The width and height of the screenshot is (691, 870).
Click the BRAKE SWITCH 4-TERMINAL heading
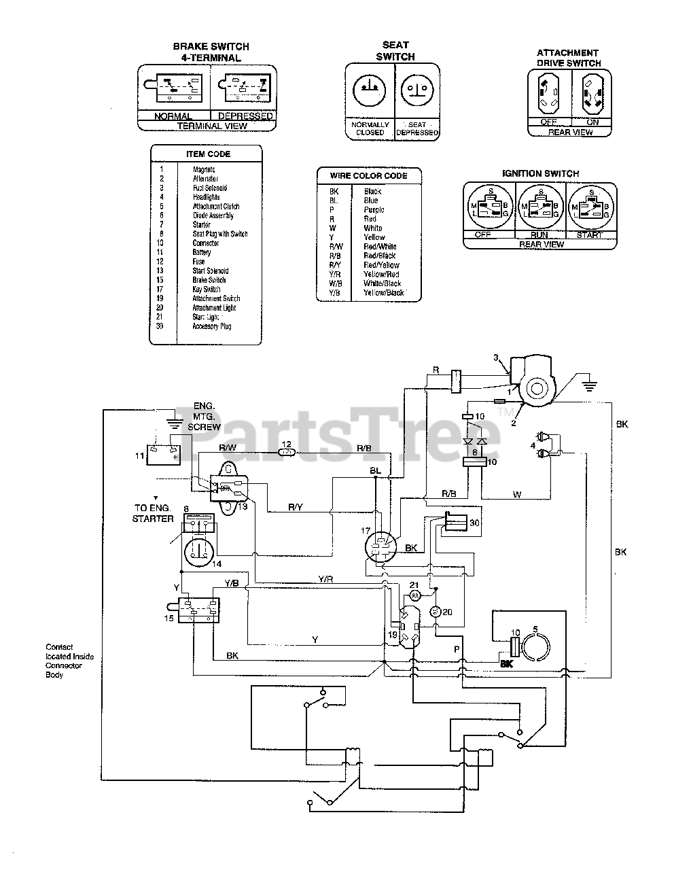tap(211, 52)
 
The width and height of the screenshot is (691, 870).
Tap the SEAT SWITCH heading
tap(395, 51)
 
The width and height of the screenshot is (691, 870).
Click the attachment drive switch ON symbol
tap(592, 94)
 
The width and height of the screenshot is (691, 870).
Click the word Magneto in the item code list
tap(204, 170)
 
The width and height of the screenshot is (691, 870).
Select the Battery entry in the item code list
tap(202, 253)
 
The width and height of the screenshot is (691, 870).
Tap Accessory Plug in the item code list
tap(212, 326)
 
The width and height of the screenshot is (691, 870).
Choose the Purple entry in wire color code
tap(374, 210)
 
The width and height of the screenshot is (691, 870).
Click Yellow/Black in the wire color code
tap(383, 293)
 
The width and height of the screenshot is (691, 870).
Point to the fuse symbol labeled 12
tap(288, 452)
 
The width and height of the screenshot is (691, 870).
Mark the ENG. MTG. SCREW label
tap(207, 416)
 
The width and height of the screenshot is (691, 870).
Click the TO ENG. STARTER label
tap(154, 513)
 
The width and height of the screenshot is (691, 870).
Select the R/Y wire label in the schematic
tap(296, 506)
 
